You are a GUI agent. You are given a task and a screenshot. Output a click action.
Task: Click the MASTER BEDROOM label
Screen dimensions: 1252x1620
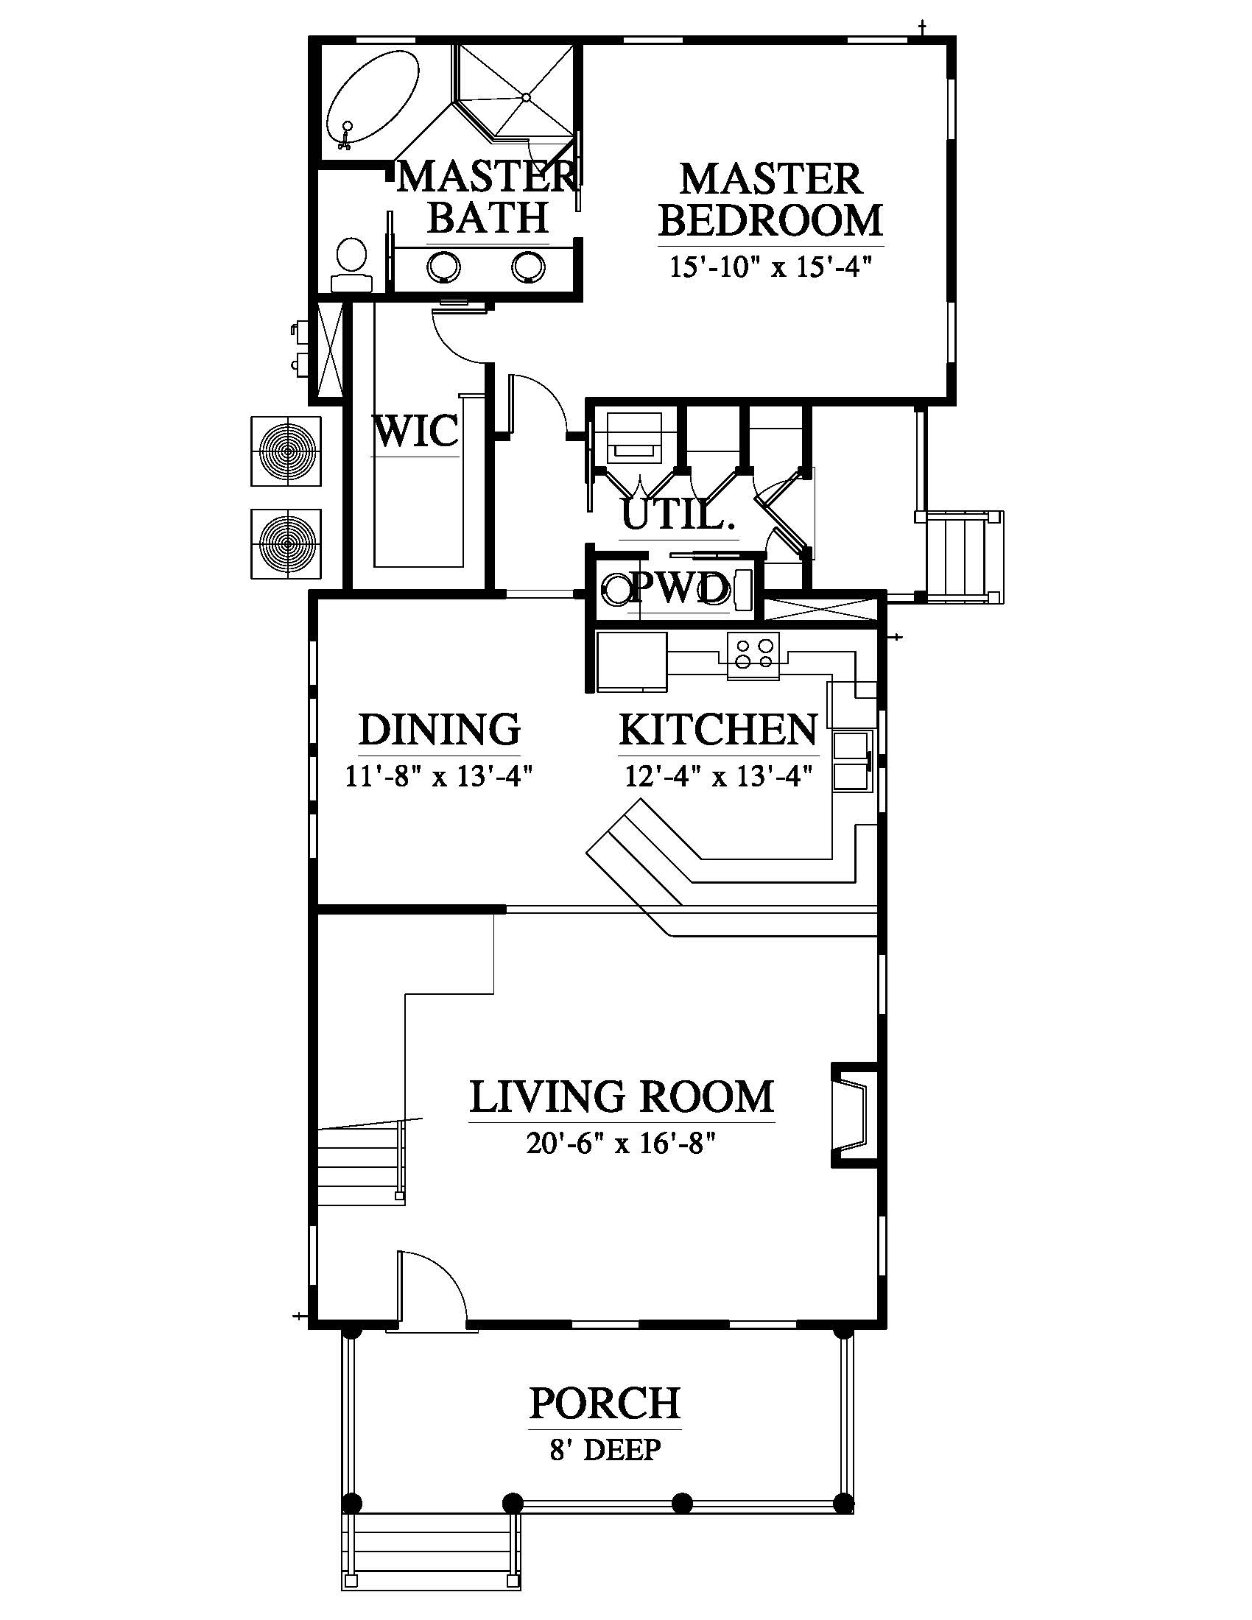coord(770,200)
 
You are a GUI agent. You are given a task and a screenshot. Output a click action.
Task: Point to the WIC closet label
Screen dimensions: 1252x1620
coord(415,432)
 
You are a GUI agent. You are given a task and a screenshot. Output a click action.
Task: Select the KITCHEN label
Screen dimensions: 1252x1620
coord(719,730)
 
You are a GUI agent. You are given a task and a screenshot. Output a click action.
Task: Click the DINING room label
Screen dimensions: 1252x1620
coord(440,730)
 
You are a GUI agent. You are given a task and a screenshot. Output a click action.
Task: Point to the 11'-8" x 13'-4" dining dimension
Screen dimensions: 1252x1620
coord(440,777)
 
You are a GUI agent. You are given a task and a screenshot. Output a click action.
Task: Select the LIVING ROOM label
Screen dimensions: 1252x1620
coord(622,1097)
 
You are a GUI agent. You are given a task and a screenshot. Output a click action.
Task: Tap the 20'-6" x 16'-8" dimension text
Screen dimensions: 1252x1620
coord(621,1144)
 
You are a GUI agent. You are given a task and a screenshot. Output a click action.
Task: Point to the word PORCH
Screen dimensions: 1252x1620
coord(605,1403)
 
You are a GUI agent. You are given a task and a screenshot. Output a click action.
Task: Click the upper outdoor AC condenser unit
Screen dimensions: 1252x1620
coord(286,451)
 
